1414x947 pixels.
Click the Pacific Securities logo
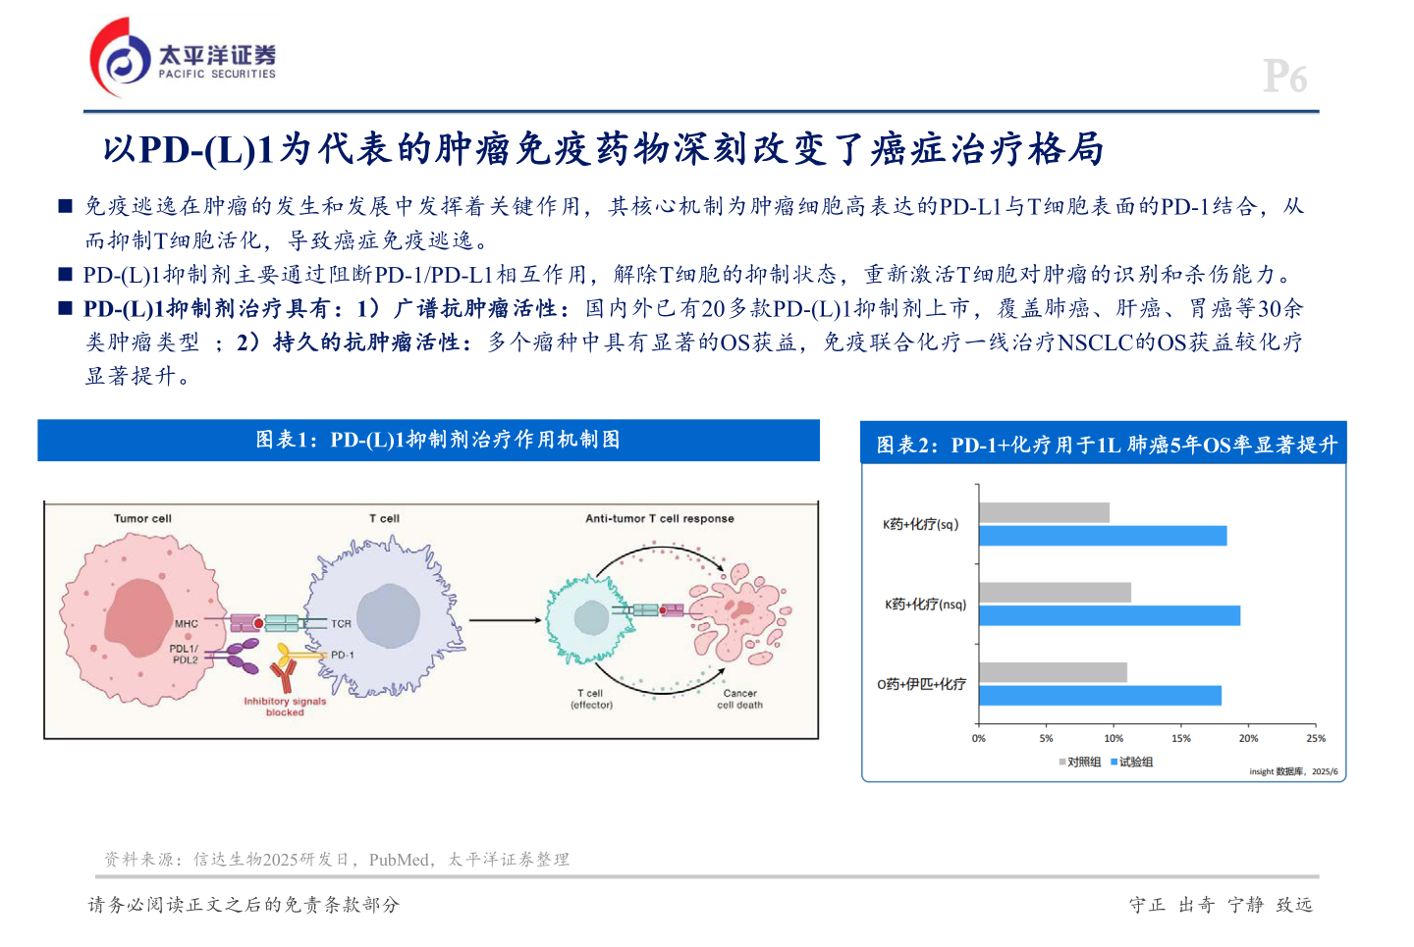pyautogui.click(x=183, y=59)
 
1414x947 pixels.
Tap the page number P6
pyautogui.click(x=1284, y=77)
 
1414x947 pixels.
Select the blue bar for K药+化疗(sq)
pyautogui.click(x=1102, y=536)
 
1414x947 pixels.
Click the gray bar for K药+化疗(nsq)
pyautogui.click(x=1055, y=593)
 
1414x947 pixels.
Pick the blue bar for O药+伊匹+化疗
pyautogui.click(x=1100, y=696)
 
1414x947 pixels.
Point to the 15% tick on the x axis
pyautogui.click(x=1181, y=738)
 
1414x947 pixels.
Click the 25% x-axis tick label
pyautogui.click(x=1316, y=738)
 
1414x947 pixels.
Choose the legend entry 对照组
pyautogui.click(x=1079, y=763)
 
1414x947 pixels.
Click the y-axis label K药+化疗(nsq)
pyautogui.click(x=925, y=605)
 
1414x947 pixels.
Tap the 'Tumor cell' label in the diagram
pyautogui.click(x=142, y=518)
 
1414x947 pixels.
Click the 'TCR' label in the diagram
pyautogui.click(x=341, y=623)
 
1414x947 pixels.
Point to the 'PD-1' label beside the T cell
pyautogui.click(x=342, y=655)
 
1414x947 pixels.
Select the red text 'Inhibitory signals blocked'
pyautogui.click(x=285, y=707)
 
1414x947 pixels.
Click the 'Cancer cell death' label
pyautogui.click(x=739, y=699)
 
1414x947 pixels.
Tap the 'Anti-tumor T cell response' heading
pyautogui.click(x=660, y=518)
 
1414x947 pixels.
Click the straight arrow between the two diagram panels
pyautogui.click(x=505, y=620)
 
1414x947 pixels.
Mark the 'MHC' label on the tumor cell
pyautogui.click(x=187, y=624)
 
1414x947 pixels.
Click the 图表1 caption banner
pyautogui.click(x=428, y=440)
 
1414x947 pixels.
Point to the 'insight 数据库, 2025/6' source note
pyautogui.click(x=1293, y=772)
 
